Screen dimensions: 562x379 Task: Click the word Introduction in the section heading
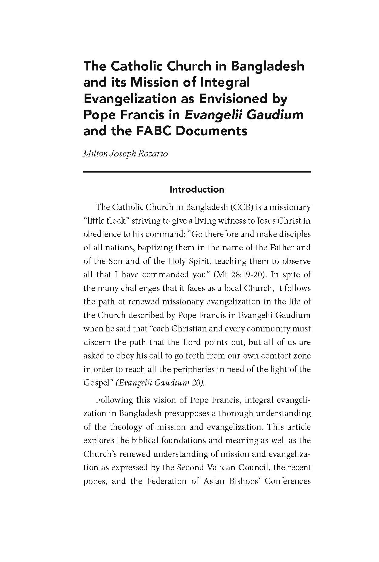(197, 190)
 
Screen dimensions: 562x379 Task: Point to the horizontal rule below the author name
(197, 172)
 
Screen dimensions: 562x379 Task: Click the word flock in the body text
(115, 221)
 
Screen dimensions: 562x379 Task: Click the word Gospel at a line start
(96, 383)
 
